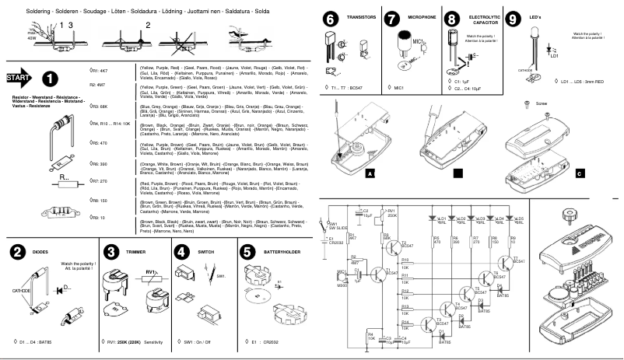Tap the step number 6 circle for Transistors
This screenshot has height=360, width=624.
[330, 19]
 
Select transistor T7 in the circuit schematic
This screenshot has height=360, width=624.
[510, 262]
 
